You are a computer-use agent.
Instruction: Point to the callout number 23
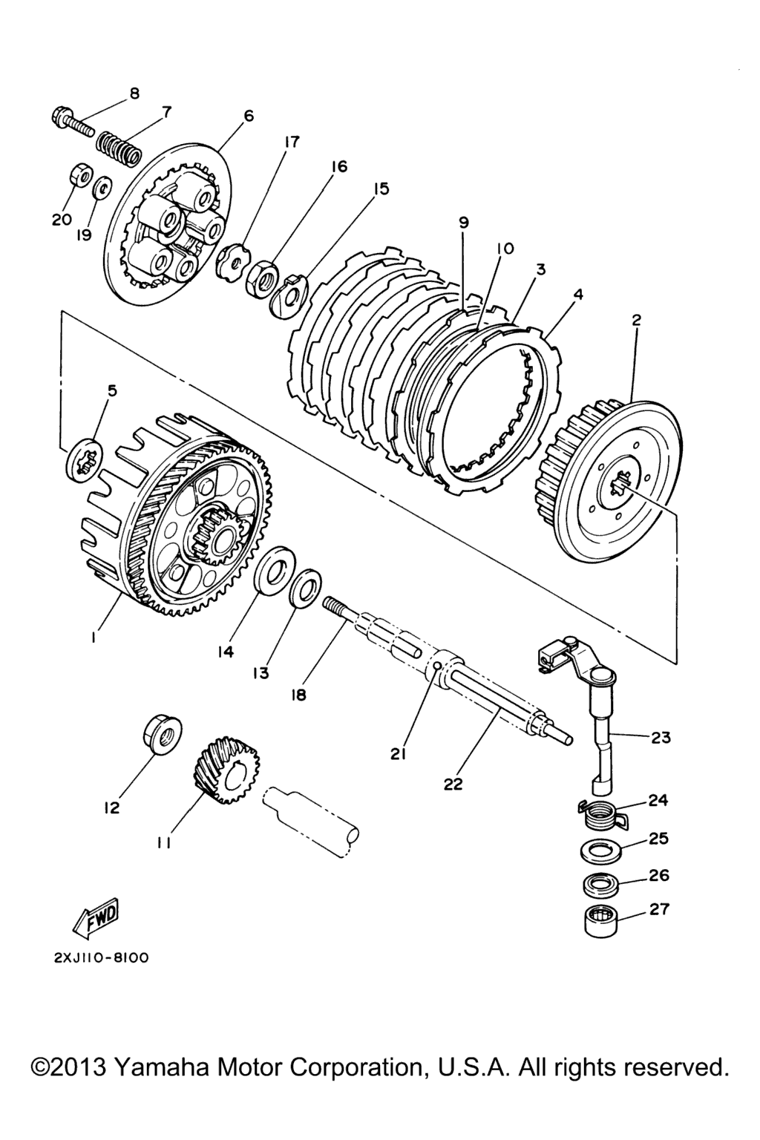660,737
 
